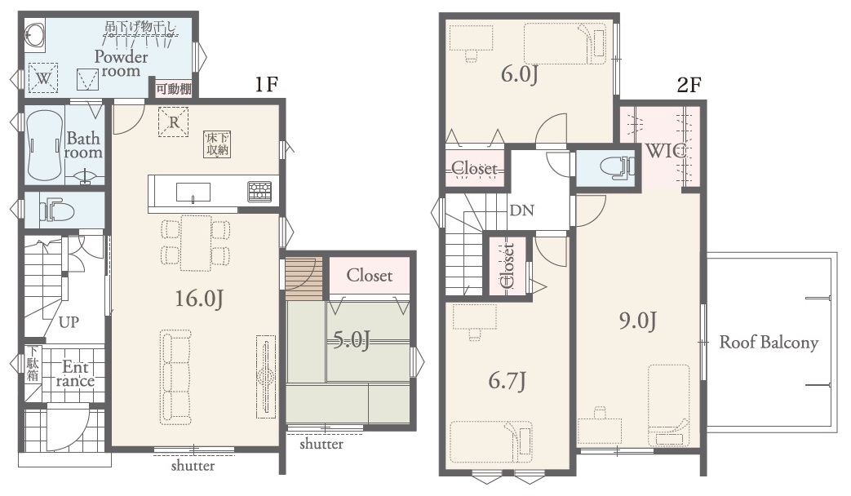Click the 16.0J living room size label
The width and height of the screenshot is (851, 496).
(198, 298)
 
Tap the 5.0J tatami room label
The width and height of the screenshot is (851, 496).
(351, 340)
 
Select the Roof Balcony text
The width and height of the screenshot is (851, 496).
(769, 343)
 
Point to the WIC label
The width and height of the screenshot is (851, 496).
(666, 152)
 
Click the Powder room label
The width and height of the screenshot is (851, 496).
(121, 64)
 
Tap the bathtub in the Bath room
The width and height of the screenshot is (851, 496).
(44, 146)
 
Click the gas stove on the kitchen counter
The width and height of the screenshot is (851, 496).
(259, 191)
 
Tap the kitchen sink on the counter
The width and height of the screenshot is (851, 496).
(193, 192)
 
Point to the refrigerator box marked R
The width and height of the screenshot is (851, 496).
(174, 122)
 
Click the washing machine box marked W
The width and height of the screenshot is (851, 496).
(43, 78)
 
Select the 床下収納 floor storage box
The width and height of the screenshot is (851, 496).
(217, 144)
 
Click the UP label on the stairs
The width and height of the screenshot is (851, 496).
(69, 322)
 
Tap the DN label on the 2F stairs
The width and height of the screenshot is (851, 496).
(521, 210)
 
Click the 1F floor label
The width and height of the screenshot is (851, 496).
(266, 85)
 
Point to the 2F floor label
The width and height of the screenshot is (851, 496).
(689, 85)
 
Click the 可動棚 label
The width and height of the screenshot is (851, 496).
(174, 89)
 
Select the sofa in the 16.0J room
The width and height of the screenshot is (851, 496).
(175, 376)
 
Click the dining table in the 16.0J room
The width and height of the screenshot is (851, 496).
(196, 242)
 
